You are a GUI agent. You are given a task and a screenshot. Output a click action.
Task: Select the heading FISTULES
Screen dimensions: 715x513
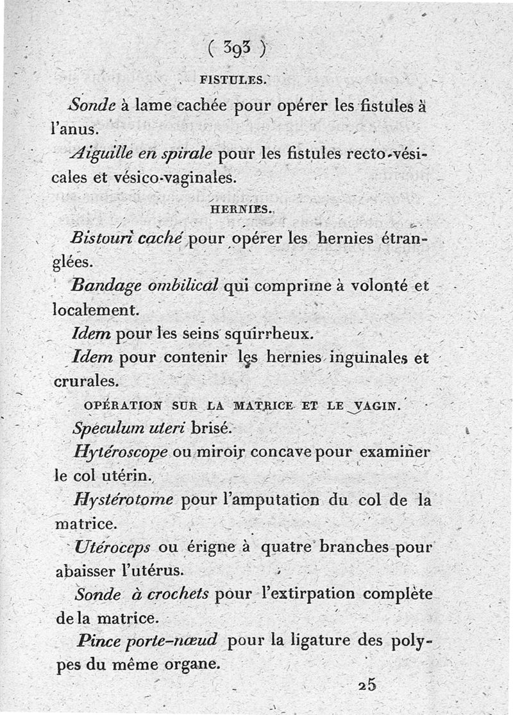pos(231,80)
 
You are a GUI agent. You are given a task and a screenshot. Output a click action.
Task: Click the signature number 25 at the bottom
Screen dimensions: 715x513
pos(367,684)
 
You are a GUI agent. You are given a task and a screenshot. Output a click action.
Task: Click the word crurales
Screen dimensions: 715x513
pos(85,381)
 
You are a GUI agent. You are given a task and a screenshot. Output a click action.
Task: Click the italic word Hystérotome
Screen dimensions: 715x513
pos(124,500)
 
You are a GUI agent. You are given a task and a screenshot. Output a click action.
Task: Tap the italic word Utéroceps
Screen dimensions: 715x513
pos(113,548)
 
